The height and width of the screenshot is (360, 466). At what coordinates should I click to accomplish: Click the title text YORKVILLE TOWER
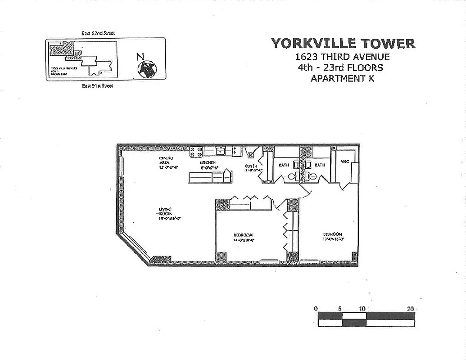tap(343, 44)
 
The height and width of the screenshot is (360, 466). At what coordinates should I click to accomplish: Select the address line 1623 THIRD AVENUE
tap(343, 57)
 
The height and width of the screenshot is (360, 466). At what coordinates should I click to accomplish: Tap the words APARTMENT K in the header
tap(342, 78)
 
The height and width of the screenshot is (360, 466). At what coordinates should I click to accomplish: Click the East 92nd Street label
tap(98, 33)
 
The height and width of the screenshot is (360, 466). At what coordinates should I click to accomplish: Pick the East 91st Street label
tap(97, 85)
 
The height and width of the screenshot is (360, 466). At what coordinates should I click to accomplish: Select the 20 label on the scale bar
tap(410, 309)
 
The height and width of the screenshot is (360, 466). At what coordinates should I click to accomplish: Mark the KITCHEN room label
tap(208, 162)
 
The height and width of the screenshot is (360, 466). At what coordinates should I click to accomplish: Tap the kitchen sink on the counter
tap(221, 151)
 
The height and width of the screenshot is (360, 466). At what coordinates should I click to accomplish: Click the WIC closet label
tap(345, 162)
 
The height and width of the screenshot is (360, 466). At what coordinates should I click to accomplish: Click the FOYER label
tap(251, 166)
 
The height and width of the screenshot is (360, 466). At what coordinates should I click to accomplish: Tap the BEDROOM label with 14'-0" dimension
tap(243, 235)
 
